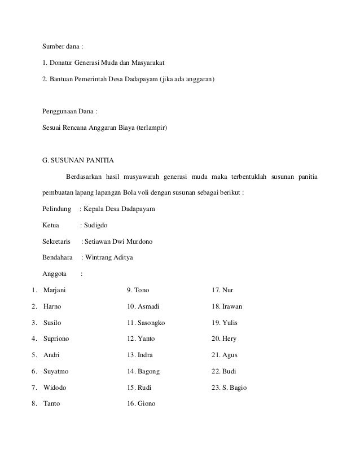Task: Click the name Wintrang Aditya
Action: pyautogui.click(x=112, y=258)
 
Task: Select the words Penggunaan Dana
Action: pyautogui.click(x=69, y=111)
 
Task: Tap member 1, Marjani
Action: pyautogui.click(x=54, y=290)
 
